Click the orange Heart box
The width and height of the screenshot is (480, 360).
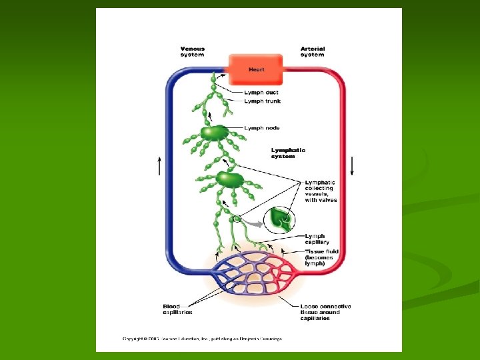(257, 69)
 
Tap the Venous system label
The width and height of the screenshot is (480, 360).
(193, 51)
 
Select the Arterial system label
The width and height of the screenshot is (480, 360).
(312, 51)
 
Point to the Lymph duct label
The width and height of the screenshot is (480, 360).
(261, 93)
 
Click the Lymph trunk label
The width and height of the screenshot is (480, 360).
(262, 101)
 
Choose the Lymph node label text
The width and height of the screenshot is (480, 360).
(262, 128)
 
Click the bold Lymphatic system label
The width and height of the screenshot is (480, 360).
(288, 153)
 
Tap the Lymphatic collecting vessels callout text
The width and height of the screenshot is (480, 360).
(321, 191)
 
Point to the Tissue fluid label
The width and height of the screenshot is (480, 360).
(322, 257)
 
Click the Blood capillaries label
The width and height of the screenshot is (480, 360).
(177, 309)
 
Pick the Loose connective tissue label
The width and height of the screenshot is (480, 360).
(325, 312)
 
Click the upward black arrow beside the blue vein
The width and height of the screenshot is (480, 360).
(159, 165)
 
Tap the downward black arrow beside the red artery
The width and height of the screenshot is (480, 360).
(353, 164)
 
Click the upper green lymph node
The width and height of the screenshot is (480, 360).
(214, 133)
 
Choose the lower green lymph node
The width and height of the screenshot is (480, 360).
(229, 179)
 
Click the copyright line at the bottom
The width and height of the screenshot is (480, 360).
(202, 339)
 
